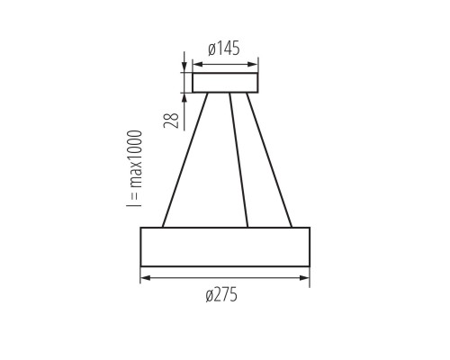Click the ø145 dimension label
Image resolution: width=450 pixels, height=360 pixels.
tap(225, 49)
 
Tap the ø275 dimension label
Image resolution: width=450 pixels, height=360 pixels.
tap(222, 295)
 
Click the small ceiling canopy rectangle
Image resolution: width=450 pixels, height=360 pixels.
tap(225, 83)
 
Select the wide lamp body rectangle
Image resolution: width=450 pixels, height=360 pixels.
tap(225, 247)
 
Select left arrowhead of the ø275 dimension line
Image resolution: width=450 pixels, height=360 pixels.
tap(145, 278)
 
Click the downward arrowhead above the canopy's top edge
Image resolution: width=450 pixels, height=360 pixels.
tap(184, 68)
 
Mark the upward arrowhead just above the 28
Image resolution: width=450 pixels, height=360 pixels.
tap(184, 97)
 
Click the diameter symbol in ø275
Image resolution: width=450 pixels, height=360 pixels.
tap(209, 295)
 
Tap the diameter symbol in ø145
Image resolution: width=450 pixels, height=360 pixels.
tap(210, 49)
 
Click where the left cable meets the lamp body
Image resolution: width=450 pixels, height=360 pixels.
tap(163, 227)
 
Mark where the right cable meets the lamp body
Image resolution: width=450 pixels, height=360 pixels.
tap(292, 227)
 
